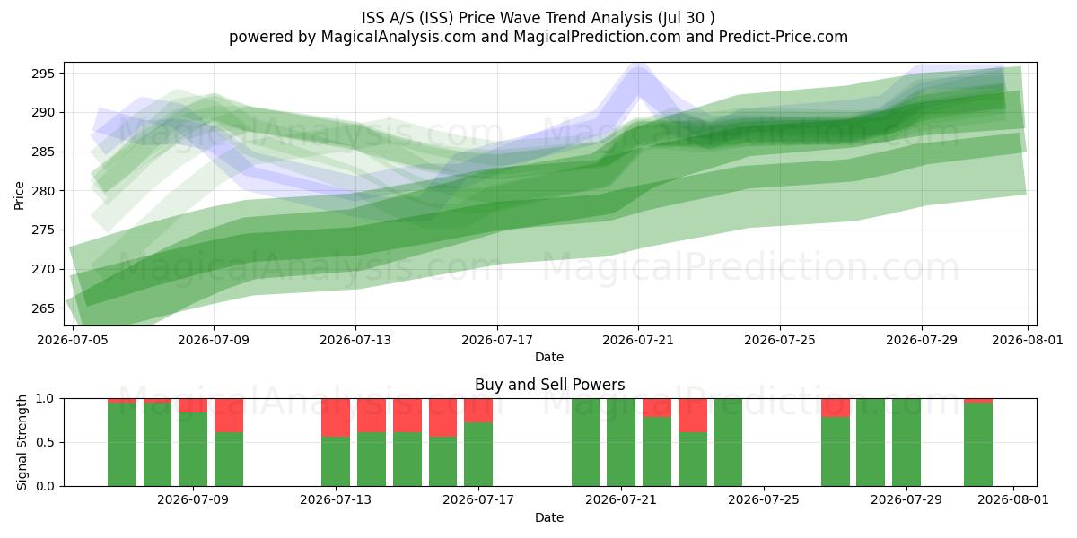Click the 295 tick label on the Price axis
click(x=43, y=74)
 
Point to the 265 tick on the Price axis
click(x=43, y=308)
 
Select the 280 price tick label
click(x=43, y=191)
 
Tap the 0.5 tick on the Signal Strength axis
click(x=45, y=442)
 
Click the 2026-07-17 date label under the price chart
click(x=497, y=340)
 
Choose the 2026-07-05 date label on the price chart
click(x=73, y=340)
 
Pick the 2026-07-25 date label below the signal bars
click(x=764, y=500)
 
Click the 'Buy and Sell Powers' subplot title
click(x=549, y=385)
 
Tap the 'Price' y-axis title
click(x=19, y=195)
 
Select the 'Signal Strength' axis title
click(x=22, y=442)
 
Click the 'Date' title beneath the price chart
click(x=549, y=357)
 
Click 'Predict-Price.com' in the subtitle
click(x=784, y=37)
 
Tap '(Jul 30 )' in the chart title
click(x=686, y=18)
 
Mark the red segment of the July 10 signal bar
click(x=229, y=415)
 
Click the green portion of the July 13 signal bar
click(x=336, y=462)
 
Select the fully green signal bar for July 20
click(x=585, y=442)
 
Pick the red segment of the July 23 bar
click(x=693, y=415)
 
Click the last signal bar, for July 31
click(x=978, y=442)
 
